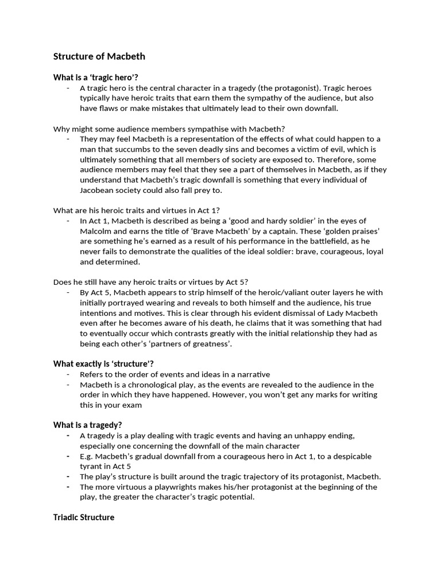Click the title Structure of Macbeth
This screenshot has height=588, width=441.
99,56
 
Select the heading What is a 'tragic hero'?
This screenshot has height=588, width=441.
96,77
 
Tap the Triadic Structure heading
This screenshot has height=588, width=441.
84,517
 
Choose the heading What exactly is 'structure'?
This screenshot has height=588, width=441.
103,363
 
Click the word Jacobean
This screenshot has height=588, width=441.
98,191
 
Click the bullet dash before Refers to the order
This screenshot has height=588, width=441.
68,374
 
